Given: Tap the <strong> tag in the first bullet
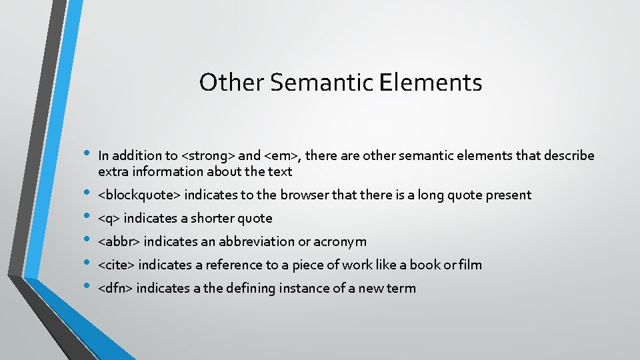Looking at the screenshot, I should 207,155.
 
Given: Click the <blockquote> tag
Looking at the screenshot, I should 139,195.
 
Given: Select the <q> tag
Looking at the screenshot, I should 109,219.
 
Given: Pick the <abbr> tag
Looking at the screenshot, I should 119,241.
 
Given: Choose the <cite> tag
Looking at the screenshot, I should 117,265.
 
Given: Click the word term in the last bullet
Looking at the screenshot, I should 402,288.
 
